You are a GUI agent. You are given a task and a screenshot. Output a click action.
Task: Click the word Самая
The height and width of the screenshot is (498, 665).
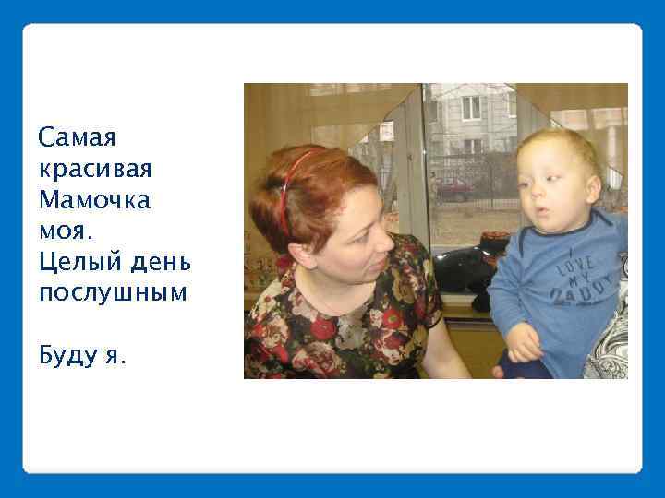77,138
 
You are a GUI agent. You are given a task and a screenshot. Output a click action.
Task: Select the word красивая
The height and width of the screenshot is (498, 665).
95,170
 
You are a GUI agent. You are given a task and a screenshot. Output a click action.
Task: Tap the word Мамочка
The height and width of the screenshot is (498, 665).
94,199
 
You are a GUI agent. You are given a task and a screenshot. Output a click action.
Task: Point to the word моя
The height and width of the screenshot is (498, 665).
64,230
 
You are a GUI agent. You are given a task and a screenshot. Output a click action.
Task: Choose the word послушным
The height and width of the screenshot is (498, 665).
113,292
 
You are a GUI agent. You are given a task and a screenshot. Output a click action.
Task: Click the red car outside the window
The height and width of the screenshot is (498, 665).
454,188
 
